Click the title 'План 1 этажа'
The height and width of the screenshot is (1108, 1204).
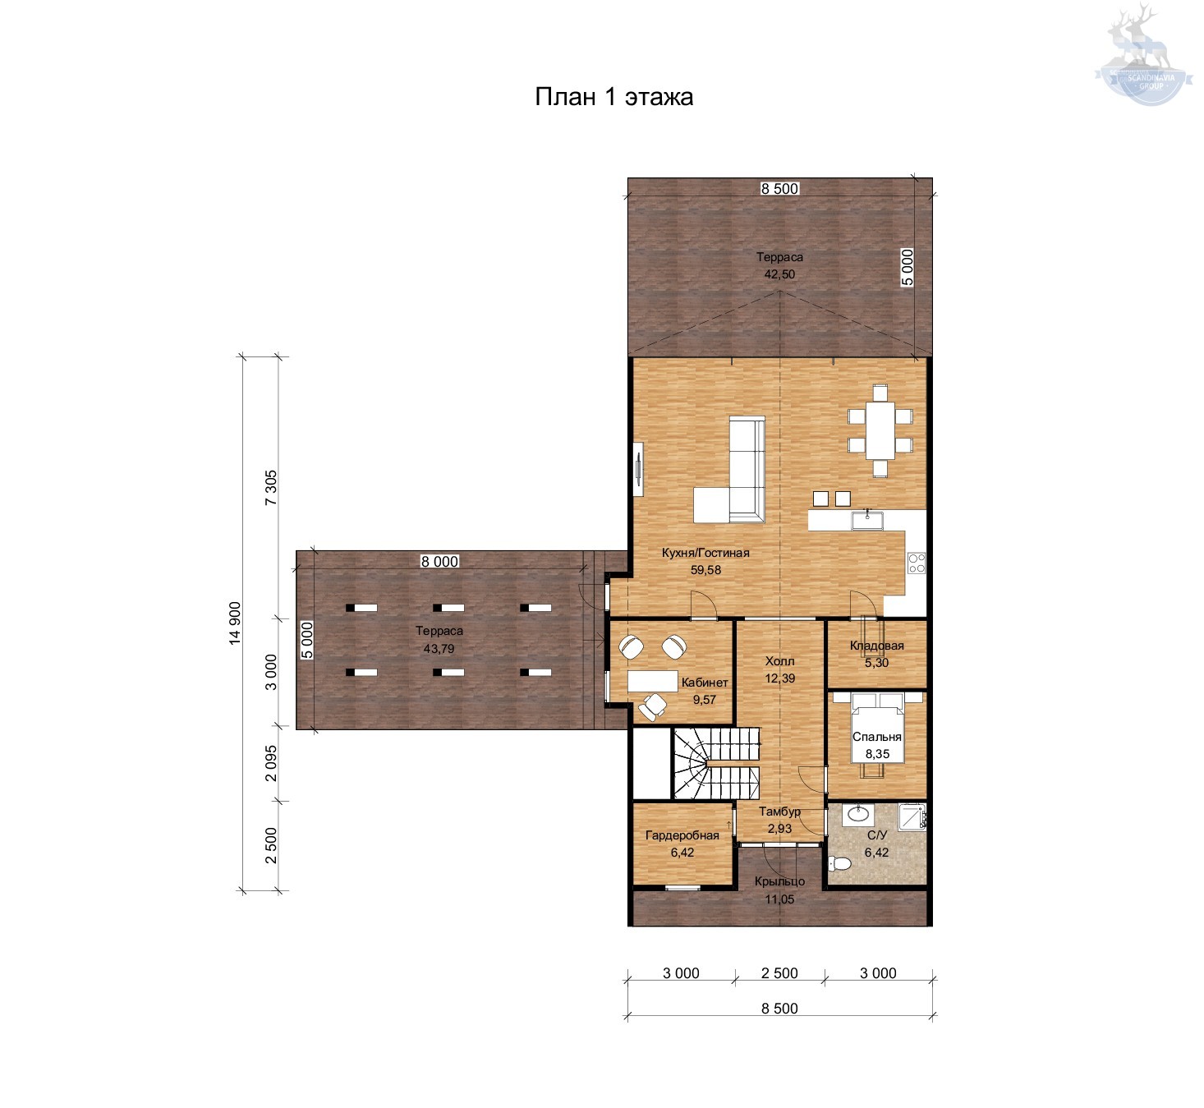(x=614, y=97)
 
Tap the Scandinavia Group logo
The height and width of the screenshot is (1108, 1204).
(x=1142, y=54)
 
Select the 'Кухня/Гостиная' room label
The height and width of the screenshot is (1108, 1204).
(x=705, y=553)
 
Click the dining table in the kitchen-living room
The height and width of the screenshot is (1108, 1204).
(x=880, y=431)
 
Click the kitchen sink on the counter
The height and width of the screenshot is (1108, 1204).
(x=868, y=520)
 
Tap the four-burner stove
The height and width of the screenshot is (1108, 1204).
(x=917, y=563)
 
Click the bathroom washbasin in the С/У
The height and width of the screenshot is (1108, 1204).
(x=858, y=815)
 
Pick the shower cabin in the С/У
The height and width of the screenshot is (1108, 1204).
(x=912, y=816)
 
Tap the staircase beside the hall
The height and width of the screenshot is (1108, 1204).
(x=717, y=764)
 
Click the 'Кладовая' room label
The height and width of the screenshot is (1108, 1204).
(x=877, y=646)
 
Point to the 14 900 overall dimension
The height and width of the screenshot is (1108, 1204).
(x=235, y=623)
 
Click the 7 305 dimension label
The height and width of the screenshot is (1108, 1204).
(x=271, y=487)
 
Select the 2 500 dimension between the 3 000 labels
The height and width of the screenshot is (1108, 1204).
(x=779, y=972)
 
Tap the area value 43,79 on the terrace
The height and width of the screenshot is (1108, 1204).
(x=439, y=649)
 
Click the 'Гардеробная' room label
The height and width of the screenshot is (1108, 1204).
(x=682, y=835)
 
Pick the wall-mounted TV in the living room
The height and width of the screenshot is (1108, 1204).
(x=638, y=469)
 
